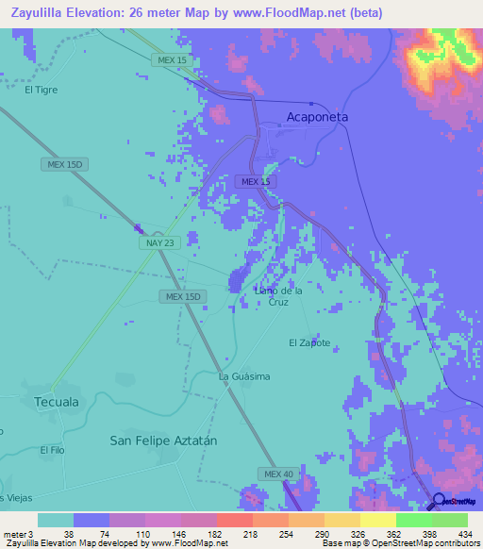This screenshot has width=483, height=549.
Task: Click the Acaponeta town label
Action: (317, 117)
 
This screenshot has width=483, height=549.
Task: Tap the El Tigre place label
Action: (42, 91)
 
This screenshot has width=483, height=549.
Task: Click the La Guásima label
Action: (244, 376)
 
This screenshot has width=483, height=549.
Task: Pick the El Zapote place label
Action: (309, 342)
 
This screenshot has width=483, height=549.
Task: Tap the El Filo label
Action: (51, 451)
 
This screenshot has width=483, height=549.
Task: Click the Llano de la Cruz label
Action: (278, 296)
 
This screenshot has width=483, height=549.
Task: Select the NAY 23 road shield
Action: (159, 242)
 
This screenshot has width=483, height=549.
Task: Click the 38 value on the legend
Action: (56, 533)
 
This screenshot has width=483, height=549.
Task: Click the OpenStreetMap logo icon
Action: (440, 501)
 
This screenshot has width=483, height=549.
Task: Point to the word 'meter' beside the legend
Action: (15, 533)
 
